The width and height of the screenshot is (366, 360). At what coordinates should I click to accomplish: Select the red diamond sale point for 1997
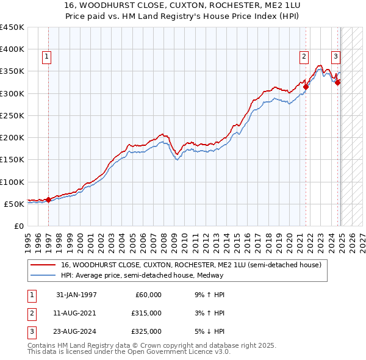pos(49,199)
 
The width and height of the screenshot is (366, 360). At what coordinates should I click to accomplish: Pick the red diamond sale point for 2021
pos(306,87)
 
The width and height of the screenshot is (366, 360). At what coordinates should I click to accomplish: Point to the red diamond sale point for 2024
pos(337,82)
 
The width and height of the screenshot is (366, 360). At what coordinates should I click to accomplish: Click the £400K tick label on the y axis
pos(12,49)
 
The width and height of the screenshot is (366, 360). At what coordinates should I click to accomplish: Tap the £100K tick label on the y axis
pos(12,182)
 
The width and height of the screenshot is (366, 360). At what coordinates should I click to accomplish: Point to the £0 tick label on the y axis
pos(18,226)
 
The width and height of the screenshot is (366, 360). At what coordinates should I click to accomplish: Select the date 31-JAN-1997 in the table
pos(76,295)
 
